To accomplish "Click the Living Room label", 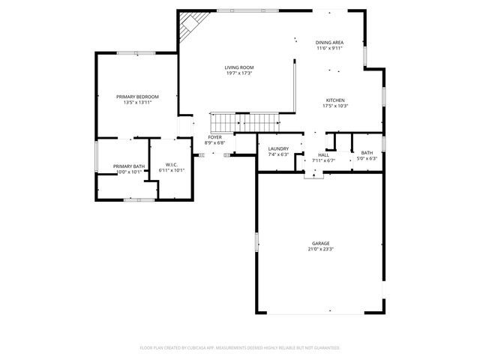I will click(x=238, y=67).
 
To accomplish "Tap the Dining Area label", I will click(x=329, y=43).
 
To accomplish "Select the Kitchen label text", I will click(x=335, y=100).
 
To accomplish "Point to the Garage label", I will click(x=321, y=243).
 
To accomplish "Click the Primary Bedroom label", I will click(x=137, y=97).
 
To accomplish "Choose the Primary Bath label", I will click(x=129, y=166).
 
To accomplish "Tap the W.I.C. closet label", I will click(x=171, y=165).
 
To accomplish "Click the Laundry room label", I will click(x=278, y=149).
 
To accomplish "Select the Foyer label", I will click(x=215, y=138).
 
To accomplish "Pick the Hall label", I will click(x=323, y=154).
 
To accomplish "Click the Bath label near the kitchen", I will click(x=367, y=152).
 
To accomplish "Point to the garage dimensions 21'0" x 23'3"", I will click(x=321, y=249).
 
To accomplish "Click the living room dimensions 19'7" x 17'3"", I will click(x=238, y=73).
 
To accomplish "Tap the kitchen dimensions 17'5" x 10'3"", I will click(x=335, y=106).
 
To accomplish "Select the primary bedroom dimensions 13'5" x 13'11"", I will click(x=137, y=103).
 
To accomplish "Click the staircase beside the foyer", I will click(x=243, y=121).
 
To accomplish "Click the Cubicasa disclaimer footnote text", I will click(x=240, y=348).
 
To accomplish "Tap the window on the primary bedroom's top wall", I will click(x=136, y=52).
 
